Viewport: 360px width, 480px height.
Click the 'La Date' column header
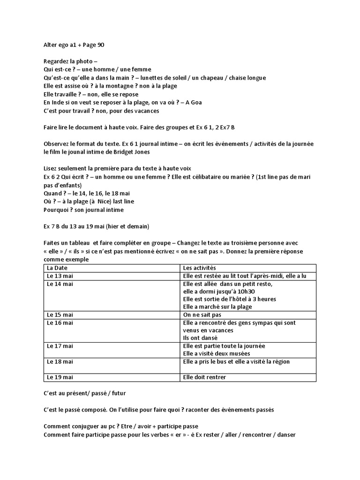(x=57, y=268)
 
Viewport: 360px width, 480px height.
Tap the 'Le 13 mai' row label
(x=60, y=276)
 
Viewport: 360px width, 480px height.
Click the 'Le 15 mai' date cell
(x=60, y=315)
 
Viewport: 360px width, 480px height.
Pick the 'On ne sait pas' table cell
(x=202, y=315)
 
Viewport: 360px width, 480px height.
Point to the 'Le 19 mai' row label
(x=60, y=377)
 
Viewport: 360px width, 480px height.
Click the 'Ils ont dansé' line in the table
(x=201, y=338)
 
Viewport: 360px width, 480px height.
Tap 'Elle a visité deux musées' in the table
(x=217, y=353)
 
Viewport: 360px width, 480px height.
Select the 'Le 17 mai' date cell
(x=60, y=346)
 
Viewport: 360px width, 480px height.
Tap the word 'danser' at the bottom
(x=286, y=434)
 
